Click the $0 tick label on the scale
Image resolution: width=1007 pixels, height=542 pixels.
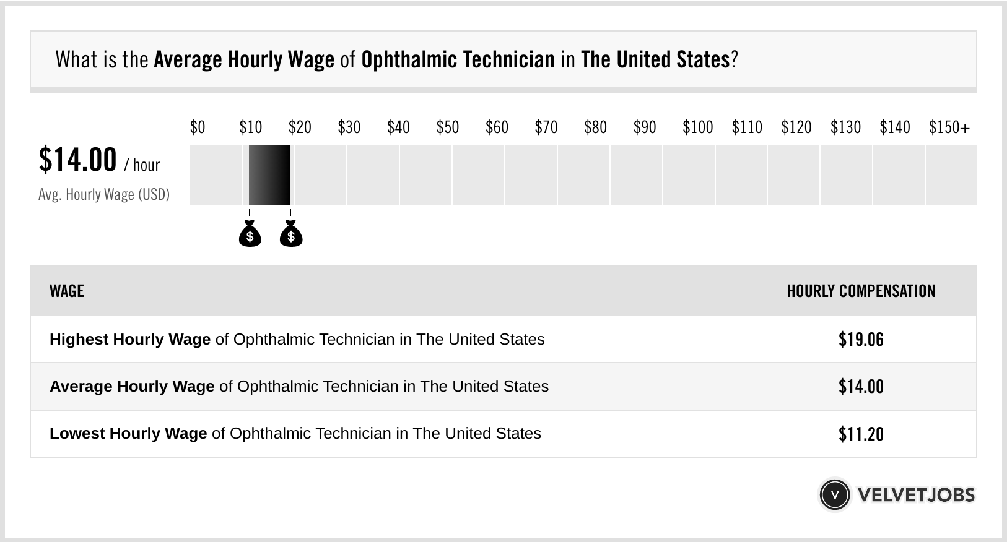click(x=198, y=127)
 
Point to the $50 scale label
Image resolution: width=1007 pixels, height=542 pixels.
click(x=448, y=127)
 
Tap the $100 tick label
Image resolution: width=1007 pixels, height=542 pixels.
click(x=698, y=127)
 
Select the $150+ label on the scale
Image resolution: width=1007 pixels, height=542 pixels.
click(x=949, y=127)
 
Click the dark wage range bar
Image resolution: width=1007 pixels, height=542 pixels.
click(x=269, y=175)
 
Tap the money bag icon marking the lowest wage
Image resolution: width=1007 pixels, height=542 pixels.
click(x=250, y=234)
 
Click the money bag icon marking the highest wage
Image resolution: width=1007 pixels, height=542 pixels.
click(x=291, y=234)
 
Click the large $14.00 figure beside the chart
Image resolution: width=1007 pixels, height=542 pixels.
click(x=77, y=160)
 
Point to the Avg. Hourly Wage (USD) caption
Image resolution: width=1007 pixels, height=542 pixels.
click(x=104, y=195)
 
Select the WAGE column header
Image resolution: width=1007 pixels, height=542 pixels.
click(x=67, y=291)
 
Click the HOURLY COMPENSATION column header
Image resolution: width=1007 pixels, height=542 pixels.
click(x=861, y=291)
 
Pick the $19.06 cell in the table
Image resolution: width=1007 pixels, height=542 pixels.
click(x=861, y=340)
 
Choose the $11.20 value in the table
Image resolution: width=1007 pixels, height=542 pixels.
click(x=861, y=434)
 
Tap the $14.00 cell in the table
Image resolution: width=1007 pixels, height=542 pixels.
click(x=861, y=387)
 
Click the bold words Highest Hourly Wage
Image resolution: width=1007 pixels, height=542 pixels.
click(x=130, y=340)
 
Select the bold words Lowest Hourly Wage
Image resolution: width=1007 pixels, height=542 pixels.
click(x=128, y=434)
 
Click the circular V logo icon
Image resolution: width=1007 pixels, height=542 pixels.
click(x=834, y=495)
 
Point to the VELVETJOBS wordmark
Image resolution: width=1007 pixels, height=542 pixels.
click(x=916, y=495)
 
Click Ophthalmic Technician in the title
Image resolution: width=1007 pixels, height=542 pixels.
click(x=458, y=60)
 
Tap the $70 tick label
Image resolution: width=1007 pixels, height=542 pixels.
click(x=546, y=127)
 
